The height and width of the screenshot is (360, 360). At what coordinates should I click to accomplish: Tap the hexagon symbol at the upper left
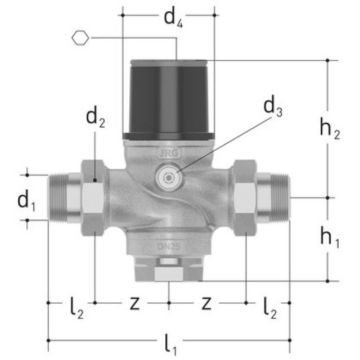(x=81, y=38)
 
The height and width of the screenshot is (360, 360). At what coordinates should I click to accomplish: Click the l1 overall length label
(x=169, y=344)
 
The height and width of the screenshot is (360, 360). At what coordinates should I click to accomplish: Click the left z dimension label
(x=134, y=304)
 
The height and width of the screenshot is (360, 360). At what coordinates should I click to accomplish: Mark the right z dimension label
(x=206, y=304)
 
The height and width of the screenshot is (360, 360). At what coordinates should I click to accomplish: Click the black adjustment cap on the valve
(x=169, y=98)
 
